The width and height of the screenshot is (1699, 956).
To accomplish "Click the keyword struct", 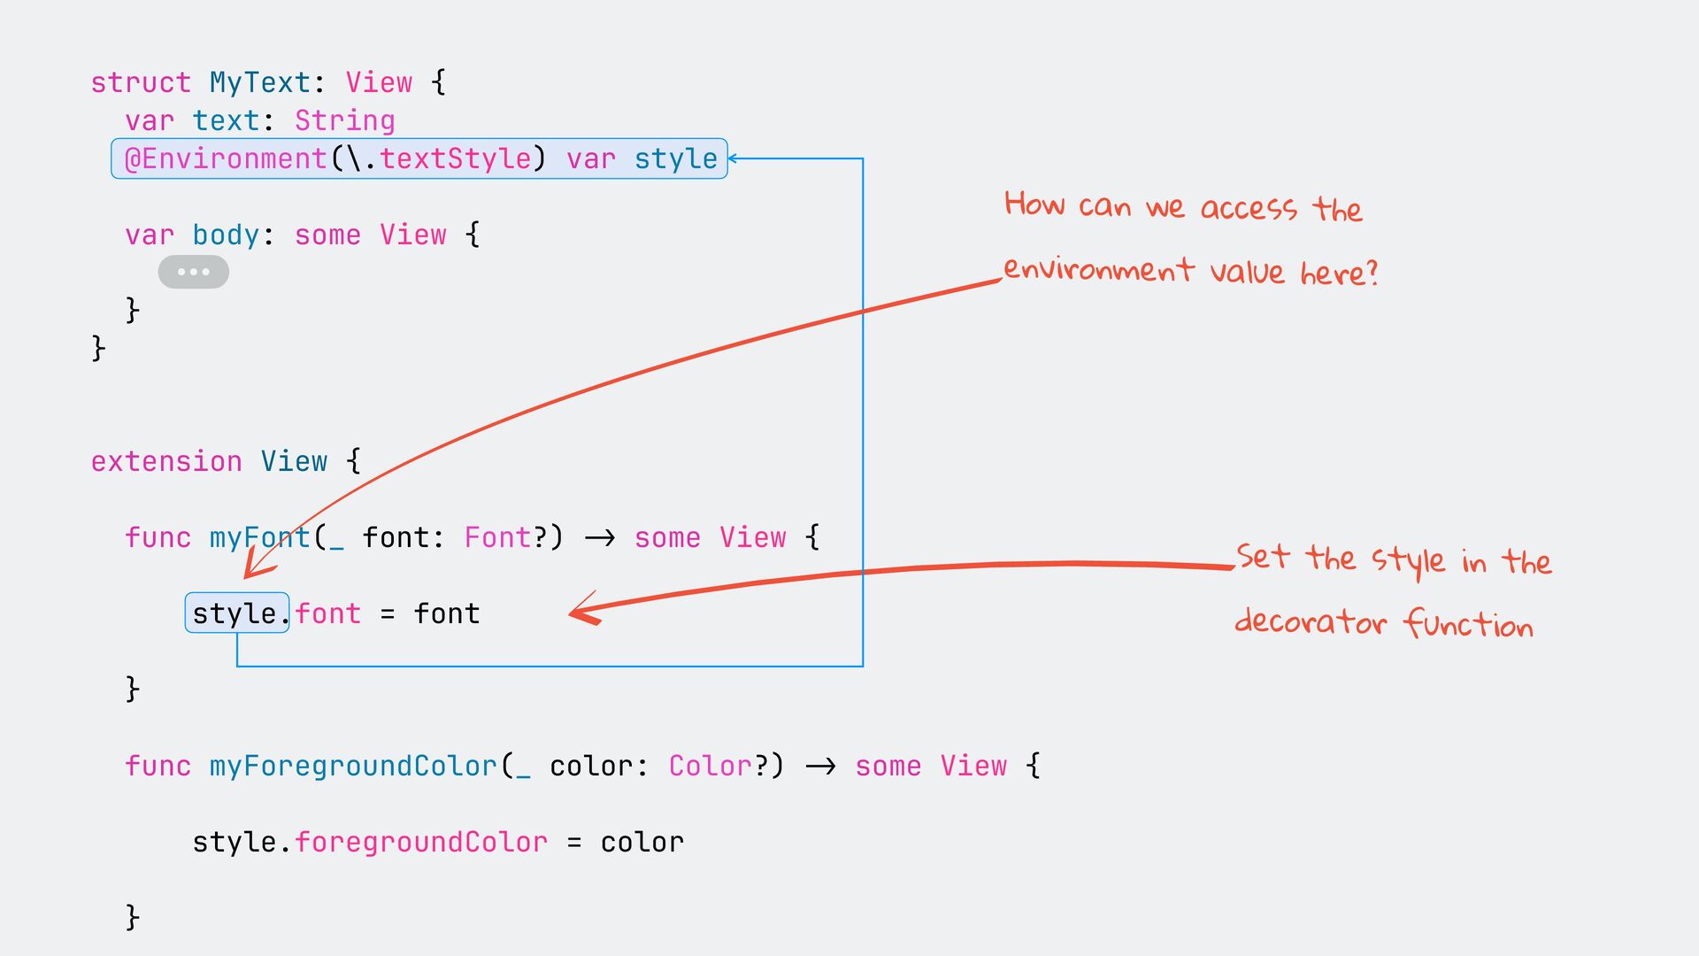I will (x=141, y=82).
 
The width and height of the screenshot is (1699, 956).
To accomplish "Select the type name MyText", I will (x=260, y=82).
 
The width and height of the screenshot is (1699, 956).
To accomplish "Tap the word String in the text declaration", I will (x=345, y=120).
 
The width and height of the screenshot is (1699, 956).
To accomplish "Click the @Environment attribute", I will (x=226, y=158).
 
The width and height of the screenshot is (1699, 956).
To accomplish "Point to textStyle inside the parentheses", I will (x=456, y=158).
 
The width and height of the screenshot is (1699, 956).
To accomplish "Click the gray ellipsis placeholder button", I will (x=194, y=272).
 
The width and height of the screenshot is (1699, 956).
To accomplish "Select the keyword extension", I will (x=166, y=461).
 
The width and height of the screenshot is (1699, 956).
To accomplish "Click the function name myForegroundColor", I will (x=354, y=766).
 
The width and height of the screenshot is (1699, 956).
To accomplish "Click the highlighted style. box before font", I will (x=237, y=613).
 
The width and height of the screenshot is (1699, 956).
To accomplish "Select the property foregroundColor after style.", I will (x=421, y=842).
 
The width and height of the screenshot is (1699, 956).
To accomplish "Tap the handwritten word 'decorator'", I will (x=1311, y=621).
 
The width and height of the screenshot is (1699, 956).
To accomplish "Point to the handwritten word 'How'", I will (x=1034, y=204).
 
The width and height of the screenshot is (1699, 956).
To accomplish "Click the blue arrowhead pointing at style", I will (x=734, y=158).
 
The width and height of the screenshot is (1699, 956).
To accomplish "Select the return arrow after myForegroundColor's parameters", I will (x=820, y=766).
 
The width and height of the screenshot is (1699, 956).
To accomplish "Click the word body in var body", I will (x=227, y=235).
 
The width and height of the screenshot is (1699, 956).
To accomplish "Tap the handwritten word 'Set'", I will (x=1263, y=557).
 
